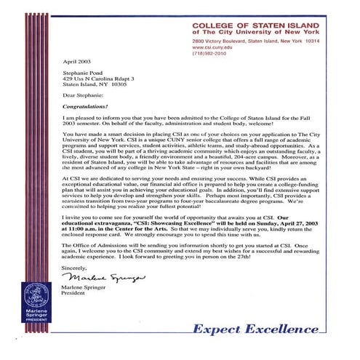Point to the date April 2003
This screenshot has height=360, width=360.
pos(77,63)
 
